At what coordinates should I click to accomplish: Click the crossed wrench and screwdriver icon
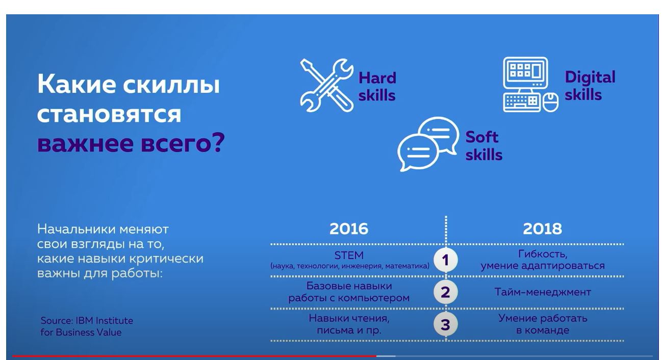coord(326,85)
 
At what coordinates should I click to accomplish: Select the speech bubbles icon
coord(428,144)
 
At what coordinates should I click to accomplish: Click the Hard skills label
coord(377,87)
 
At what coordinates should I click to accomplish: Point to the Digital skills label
coord(590,86)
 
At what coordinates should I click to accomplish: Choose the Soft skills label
coord(483,146)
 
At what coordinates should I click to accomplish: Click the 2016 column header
coord(349,228)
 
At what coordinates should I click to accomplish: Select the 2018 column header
coord(542,228)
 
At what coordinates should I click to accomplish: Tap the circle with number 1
coord(445,260)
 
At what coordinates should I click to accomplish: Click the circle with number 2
coord(445,292)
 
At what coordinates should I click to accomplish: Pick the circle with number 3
coord(445,324)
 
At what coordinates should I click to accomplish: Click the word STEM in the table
coord(349,255)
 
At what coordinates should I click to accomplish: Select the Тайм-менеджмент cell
coord(543,292)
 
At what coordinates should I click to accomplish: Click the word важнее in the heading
coord(85,143)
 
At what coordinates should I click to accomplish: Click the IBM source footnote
coord(87,326)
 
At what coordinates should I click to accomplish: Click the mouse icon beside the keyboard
coord(550,102)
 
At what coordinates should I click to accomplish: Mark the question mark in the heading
coord(218,142)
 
